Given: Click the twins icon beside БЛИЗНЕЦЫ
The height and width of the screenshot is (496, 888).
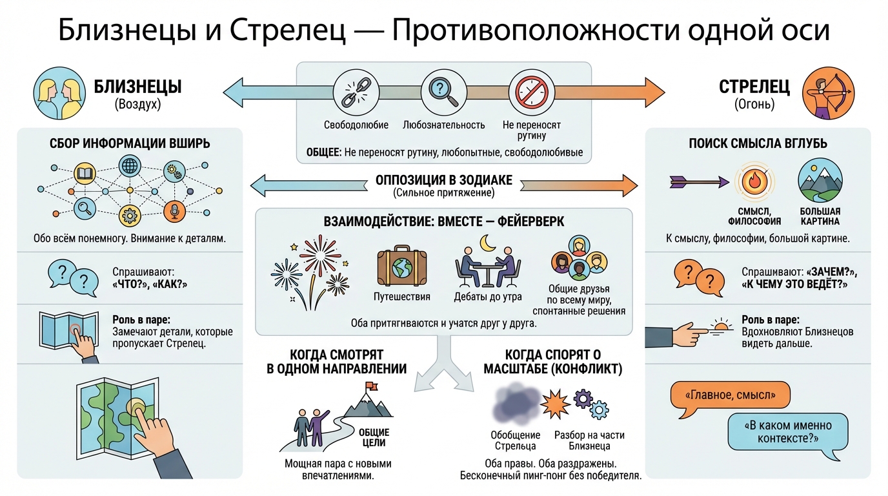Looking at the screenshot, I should pyautogui.click(x=55, y=95).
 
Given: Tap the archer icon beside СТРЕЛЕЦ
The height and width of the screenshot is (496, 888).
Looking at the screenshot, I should pyautogui.click(x=823, y=94).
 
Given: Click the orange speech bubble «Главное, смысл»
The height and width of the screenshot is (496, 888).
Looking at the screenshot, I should pyautogui.click(x=731, y=395).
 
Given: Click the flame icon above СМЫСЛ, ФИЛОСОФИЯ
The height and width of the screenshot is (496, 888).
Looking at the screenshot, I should pyautogui.click(x=754, y=180).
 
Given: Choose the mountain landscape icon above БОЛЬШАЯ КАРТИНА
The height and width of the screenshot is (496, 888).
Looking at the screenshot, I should pyautogui.click(x=820, y=180).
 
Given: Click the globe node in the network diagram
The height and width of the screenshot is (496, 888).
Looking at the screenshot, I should pyautogui.click(x=130, y=167).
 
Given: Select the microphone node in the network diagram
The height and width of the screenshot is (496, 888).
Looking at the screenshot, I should pyautogui.click(x=173, y=209).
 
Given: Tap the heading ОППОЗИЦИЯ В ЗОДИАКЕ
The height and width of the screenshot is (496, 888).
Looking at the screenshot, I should pyautogui.click(x=443, y=180).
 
